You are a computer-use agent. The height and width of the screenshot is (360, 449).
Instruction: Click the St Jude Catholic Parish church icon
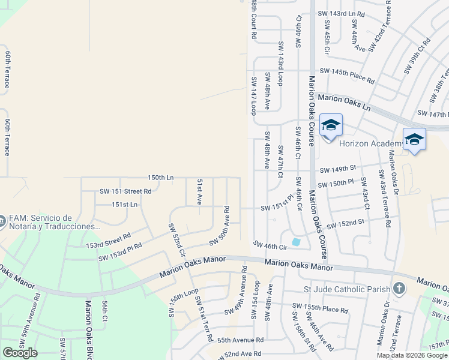398,289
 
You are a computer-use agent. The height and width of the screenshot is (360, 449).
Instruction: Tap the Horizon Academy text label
370,143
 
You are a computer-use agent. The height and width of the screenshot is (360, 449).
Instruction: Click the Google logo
20,353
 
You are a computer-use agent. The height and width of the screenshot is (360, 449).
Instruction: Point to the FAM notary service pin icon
2,221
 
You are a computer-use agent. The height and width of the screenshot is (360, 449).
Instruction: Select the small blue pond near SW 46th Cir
296,242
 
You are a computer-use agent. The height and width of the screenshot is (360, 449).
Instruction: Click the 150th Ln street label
161,178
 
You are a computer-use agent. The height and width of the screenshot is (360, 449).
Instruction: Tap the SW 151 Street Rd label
125,191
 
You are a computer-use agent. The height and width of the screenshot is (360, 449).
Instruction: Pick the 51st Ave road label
199,192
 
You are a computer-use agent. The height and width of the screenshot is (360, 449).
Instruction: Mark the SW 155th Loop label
184,302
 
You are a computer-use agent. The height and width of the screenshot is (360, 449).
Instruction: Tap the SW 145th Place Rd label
347,71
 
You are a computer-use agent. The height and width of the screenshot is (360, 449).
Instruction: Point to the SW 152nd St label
345,223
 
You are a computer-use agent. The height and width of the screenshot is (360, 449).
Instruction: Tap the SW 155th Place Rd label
320,308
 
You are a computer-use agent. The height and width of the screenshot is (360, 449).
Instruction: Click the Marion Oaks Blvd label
88,330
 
